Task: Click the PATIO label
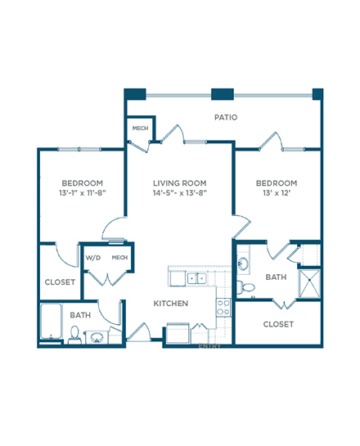click(x=226, y=117)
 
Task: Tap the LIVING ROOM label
click(x=180, y=182)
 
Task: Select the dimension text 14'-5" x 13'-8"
click(x=180, y=193)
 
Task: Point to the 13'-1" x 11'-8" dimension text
click(x=83, y=193)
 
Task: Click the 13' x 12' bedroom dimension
click(x=277, y=193)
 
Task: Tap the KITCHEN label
click(x=171, y=304)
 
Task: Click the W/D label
click(x=93, y=258)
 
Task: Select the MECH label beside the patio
click(x=140, y=128)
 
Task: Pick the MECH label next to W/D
click(x=119, y=258)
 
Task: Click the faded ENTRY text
click(x=209, y=346)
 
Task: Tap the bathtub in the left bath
click(x=52, y=322)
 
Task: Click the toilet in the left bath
click(x=74, y=335)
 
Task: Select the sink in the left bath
click(x=97, y=338)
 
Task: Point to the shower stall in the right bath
click(x=309, y=284)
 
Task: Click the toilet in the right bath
click(x=245, y=286)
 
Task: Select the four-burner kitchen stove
click(x=223, y=308)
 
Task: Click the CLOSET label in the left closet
click(x=60, y=282)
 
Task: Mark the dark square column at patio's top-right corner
click(x=317, y=94)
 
